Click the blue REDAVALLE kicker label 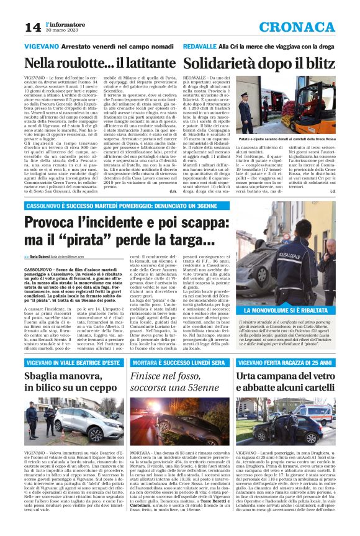click(202, 47)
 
